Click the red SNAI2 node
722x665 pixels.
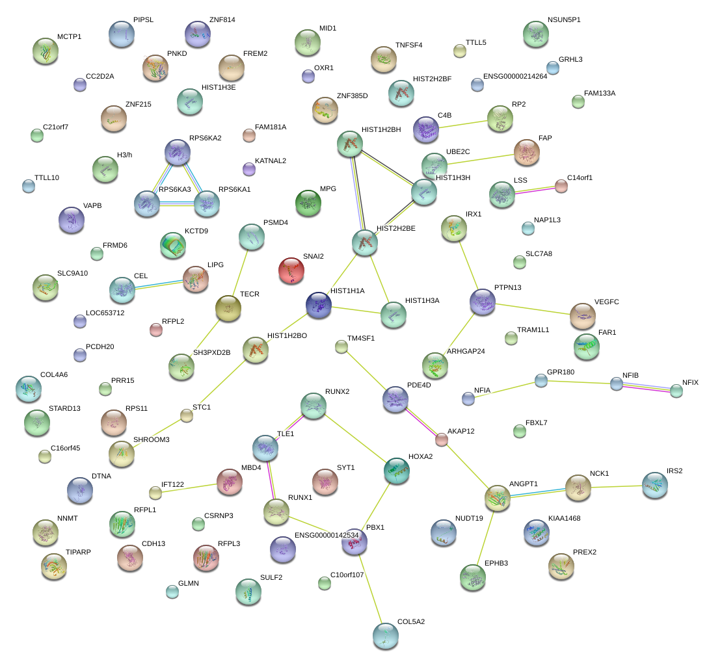click(291, 270)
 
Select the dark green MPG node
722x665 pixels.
click(308, 203)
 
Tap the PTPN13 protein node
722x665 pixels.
click(483, 302)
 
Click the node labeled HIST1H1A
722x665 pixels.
click(319, 305)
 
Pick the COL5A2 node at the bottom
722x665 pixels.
click(386, 636)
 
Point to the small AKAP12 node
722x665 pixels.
click(442, 439)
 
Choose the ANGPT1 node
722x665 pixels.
click(498, 498)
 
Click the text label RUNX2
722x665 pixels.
click(338, 391)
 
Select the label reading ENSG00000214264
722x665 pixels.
click(515, 76)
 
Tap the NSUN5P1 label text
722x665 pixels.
click(564, 20)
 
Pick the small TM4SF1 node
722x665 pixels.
click(341, 346)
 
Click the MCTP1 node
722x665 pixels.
click(45, 52)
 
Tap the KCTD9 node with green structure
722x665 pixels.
click(173, 244)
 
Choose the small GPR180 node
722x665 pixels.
click(541, 380)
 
